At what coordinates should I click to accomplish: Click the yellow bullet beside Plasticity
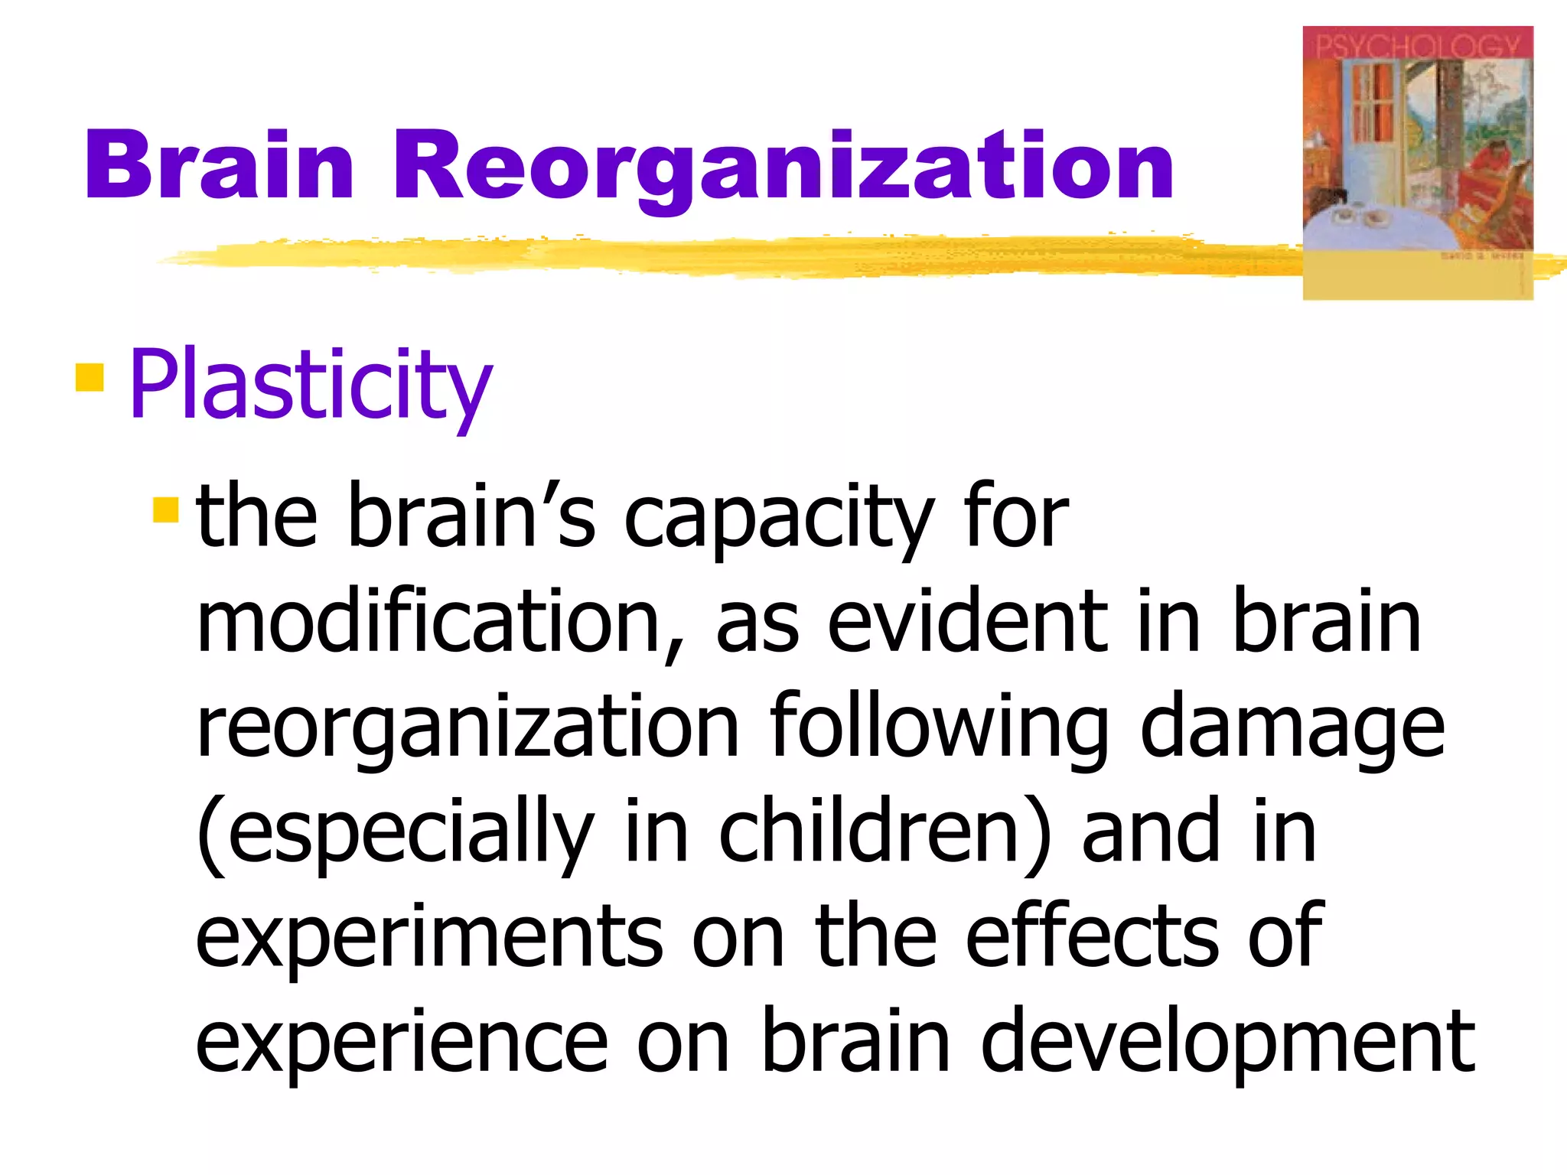coord(90,378)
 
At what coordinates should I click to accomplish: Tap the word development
coord(1228,1044)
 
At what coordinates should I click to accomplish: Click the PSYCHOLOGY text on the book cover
coord(1417,47)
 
